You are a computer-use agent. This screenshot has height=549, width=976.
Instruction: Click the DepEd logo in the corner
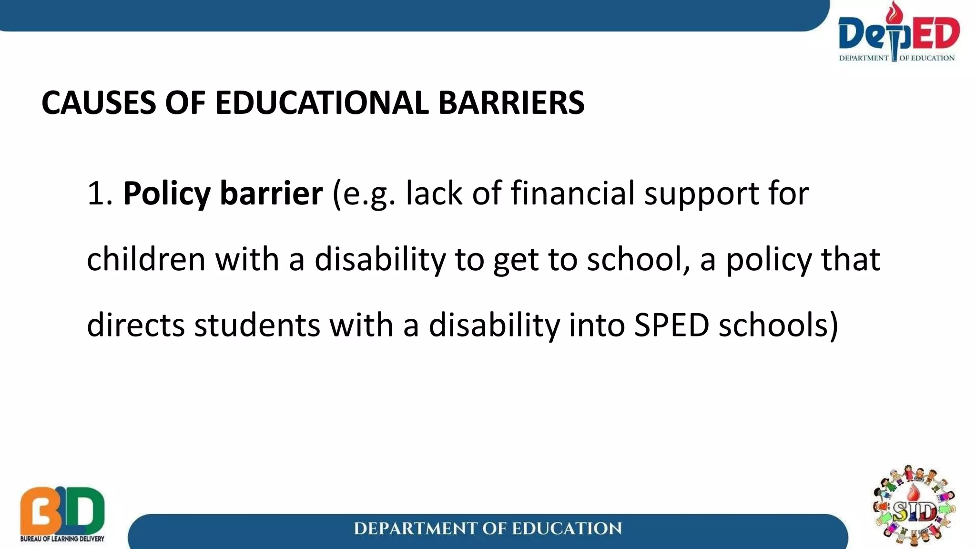click(898, 33)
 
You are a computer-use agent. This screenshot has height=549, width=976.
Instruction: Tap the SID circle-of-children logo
click(914, 507)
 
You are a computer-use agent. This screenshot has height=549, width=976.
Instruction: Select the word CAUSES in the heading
click(98, 102)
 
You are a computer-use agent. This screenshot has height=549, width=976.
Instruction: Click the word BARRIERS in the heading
click(511, 102)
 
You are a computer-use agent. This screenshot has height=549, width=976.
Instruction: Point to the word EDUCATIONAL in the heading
click(322, 102)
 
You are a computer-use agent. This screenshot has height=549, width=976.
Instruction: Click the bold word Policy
click(166, 194)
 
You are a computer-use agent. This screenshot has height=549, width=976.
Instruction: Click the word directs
click(136, 325)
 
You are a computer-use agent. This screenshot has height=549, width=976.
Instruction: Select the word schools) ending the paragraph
click(778, 325)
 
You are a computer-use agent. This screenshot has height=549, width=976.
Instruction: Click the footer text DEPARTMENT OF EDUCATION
click(488, 529)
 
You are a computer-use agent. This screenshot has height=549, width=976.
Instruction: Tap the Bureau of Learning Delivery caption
click(62, 539)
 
